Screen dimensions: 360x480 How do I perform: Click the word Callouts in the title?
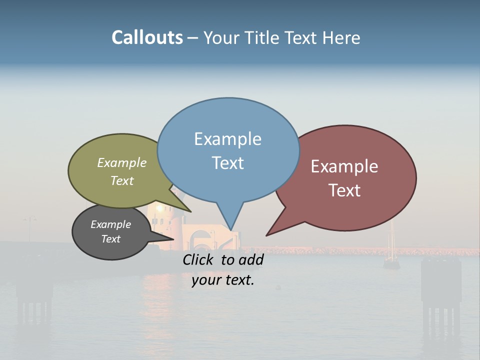[x=147, y=37]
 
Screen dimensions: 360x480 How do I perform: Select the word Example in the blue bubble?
[x=227, y=139]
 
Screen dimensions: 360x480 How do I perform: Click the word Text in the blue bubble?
[x=227, y=162]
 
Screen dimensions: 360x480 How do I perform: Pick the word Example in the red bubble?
[x=344, y=166]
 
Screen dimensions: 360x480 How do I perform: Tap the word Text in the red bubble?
[x=344, y=190]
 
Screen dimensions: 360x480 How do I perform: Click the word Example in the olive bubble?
[x=122, y=162]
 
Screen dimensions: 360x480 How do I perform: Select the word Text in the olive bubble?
[x=122, y=180]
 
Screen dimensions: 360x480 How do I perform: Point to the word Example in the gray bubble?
[x=110, y=224]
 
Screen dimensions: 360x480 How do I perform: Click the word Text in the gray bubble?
[x=110, y=239]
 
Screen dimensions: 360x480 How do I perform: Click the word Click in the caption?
[x=197, y=259]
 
